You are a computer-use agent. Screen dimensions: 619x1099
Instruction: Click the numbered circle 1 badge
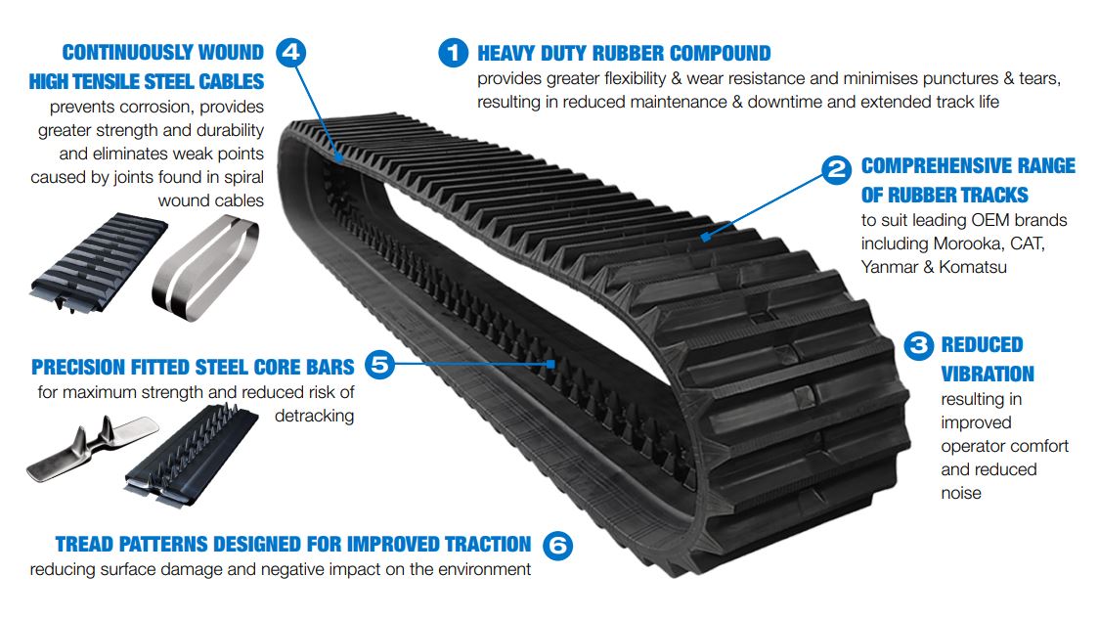(454, 53)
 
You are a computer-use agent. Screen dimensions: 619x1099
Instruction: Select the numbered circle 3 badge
(918, 345)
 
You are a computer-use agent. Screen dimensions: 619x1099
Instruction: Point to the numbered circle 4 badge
(290, 52)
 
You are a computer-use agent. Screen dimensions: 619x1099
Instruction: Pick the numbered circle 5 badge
(379, 366)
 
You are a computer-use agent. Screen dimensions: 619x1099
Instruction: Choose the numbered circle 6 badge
(556, 545)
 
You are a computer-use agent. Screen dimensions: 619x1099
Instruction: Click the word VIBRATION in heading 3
(987, 375)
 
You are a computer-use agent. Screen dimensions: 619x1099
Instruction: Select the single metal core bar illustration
(93, 451)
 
